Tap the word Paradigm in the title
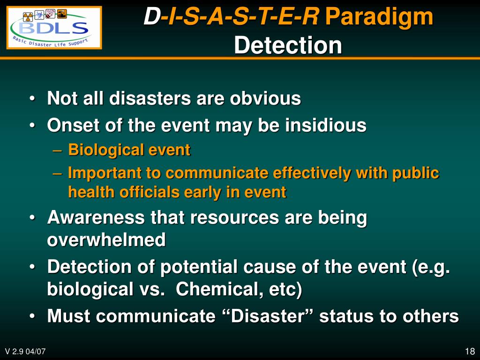click(379, 17)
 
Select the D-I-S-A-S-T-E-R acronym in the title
click(231, 17)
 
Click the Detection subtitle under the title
click(288, 45)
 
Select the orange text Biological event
click(129, 150)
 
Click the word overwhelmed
click(106, 240)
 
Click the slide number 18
click(470, 352)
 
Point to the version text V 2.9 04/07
click(25, 352)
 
